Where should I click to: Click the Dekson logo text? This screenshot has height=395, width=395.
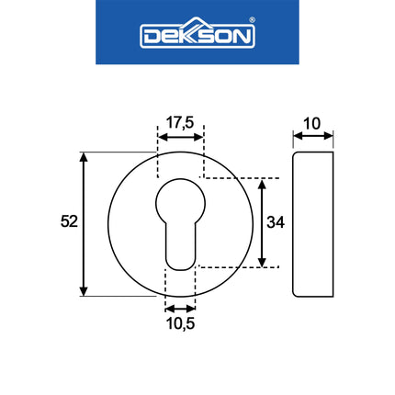[x=197, y=36]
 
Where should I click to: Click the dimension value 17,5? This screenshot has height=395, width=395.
[x=180, y=121]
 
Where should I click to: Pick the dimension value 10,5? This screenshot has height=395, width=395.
[x=180, y=323]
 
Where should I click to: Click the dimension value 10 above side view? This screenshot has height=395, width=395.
[x=313, y=121]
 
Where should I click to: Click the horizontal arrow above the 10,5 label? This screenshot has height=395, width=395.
[x=180, y=308]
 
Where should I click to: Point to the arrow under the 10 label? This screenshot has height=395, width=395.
[x=313, y=138]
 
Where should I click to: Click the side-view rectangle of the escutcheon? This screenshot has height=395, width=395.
[x=313, y=224]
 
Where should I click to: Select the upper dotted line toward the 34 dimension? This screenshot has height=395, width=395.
[x=239, y=177]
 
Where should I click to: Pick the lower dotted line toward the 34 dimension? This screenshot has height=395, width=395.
[x=234, y=268]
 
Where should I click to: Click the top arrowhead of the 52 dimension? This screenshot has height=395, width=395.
[x=85, y=158]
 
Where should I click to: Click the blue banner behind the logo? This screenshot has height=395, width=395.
[x=119, y=51]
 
